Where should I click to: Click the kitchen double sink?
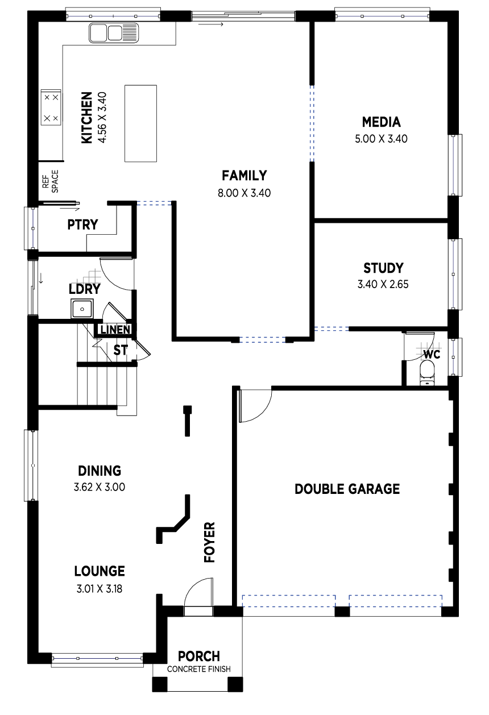(114, 32)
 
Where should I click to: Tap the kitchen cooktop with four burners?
(51, 107)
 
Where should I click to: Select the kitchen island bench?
(140, 123)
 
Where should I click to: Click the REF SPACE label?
(51, 181)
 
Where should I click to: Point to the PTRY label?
(82, 225)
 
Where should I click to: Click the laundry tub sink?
(82, 309)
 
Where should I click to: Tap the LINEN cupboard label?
(115, 330)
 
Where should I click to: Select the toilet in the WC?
(426, 373)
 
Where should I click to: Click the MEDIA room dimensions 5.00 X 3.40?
(381, 139)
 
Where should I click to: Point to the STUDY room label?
(383, 268)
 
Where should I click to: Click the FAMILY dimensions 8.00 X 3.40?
(244, 193)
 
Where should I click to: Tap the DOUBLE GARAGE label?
(347, 489)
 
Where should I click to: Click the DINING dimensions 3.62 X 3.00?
(100, 487)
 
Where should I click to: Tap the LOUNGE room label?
(100, 571)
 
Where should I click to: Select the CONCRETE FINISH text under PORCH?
(198, 669)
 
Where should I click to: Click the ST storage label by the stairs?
(121, 351)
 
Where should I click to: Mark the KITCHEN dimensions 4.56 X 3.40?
(102, 118)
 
